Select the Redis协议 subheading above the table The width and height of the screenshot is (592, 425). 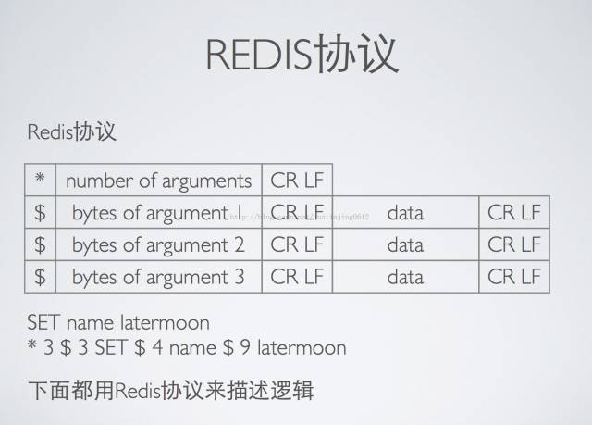tap(71, 131)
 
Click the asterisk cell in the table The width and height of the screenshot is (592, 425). tap(40, 179)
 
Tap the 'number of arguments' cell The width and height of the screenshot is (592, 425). tap(158, 180)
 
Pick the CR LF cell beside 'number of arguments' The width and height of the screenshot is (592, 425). tap(297, 180)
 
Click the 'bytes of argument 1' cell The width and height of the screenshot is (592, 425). tap(158, 213)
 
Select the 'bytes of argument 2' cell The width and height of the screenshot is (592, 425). tap(158, 245)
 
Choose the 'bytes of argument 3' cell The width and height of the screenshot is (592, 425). tap(158, 277)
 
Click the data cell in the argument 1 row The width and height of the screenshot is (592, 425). tap(405, 213)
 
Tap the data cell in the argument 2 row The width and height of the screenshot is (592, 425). tap(405, 245)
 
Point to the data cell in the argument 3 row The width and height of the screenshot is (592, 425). tap(405, 277)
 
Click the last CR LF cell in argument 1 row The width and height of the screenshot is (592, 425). tap(514, 213)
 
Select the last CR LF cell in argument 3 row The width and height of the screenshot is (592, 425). tap(514, 277)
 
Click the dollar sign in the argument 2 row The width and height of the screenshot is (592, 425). tap(40, 245)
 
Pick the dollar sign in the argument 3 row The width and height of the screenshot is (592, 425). tap(40, 277)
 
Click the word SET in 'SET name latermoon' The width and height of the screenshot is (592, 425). tap(44, 323)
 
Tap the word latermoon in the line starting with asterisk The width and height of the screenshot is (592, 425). tap(302, 348)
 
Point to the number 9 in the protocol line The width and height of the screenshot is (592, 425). tap(243, 348)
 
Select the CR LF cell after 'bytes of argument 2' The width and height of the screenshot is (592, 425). tap(297, 245)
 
